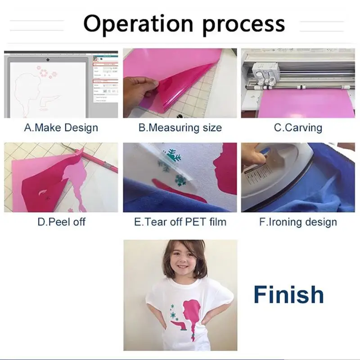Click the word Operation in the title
pos(138,24)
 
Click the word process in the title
pos(244,26)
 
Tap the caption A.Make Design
pos(61,128)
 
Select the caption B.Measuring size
pos(180,128)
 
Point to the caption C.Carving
pos(298,128)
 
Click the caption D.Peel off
pos(61,222)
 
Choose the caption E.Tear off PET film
pos(180,222)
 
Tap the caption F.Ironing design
pos(298,222)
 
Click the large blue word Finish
pos(288,295)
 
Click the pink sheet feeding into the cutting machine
pos(306,104)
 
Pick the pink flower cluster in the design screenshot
pos(47,72)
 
